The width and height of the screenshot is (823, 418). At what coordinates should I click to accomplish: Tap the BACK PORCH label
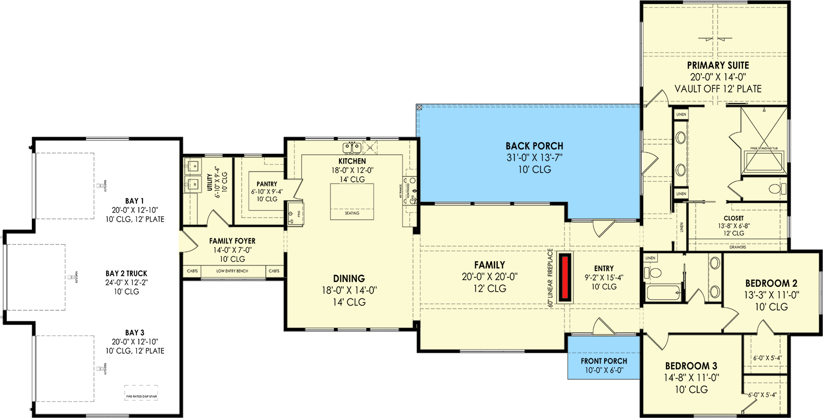[534, 146]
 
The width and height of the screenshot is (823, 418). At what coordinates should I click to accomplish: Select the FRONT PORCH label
[604, 361]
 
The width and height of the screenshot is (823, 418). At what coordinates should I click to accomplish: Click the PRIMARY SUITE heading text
[718, 65]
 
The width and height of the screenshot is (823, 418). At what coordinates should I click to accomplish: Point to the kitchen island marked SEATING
[351, 202]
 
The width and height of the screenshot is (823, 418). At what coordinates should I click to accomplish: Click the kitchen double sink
[352, 147]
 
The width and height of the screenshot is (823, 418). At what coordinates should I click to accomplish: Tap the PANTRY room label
[267, 184]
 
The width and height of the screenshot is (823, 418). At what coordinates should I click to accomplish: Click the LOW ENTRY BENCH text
[232, 271]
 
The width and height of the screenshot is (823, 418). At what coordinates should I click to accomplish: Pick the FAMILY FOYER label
[232, 241]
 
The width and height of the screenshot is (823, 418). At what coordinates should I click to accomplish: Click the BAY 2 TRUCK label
[126, 273]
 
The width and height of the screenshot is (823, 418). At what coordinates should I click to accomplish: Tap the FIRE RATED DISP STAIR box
[141, 393]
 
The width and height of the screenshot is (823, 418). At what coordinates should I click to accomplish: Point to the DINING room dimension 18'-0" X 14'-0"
[349, 291]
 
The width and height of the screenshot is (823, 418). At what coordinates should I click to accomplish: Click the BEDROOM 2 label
[771, 283]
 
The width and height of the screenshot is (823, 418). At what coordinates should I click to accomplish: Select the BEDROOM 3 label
[691, 366]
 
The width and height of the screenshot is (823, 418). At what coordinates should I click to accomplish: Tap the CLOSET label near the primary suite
[734, 218]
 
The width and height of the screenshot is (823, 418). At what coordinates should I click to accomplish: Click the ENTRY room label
[604, 269]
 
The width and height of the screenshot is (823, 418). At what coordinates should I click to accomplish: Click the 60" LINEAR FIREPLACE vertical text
[550, 277]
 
